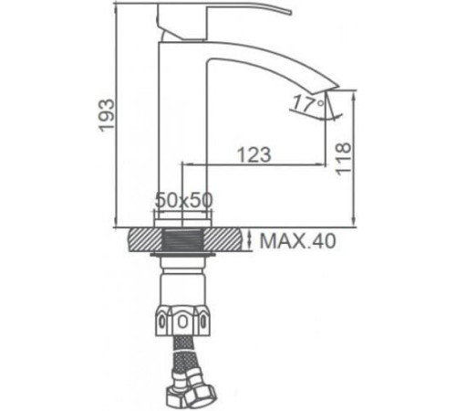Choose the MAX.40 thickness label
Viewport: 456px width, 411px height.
[298, 242]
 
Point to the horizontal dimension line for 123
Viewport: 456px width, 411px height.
[255, 165]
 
